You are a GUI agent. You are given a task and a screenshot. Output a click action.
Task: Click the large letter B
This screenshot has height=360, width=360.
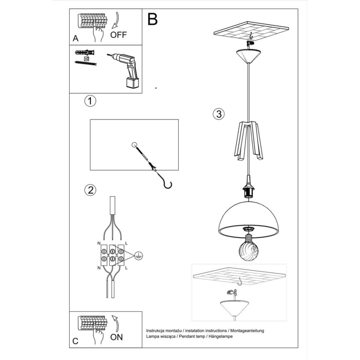152,19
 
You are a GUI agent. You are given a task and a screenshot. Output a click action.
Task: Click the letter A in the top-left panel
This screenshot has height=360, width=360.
75,38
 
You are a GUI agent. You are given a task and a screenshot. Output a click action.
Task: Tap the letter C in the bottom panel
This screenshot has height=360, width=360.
75,341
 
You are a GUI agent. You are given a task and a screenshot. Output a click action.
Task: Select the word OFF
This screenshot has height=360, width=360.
119,35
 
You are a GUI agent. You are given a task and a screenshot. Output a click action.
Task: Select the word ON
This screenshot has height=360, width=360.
117,337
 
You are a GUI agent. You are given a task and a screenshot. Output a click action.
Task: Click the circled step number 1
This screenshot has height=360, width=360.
90,101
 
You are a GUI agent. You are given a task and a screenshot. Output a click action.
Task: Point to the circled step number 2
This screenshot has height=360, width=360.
90,190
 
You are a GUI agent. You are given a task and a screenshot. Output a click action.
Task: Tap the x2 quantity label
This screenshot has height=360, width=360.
86,59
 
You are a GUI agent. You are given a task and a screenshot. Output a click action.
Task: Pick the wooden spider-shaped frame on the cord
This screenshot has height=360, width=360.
248,139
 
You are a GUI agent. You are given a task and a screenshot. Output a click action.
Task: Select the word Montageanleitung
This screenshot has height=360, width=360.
248,331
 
